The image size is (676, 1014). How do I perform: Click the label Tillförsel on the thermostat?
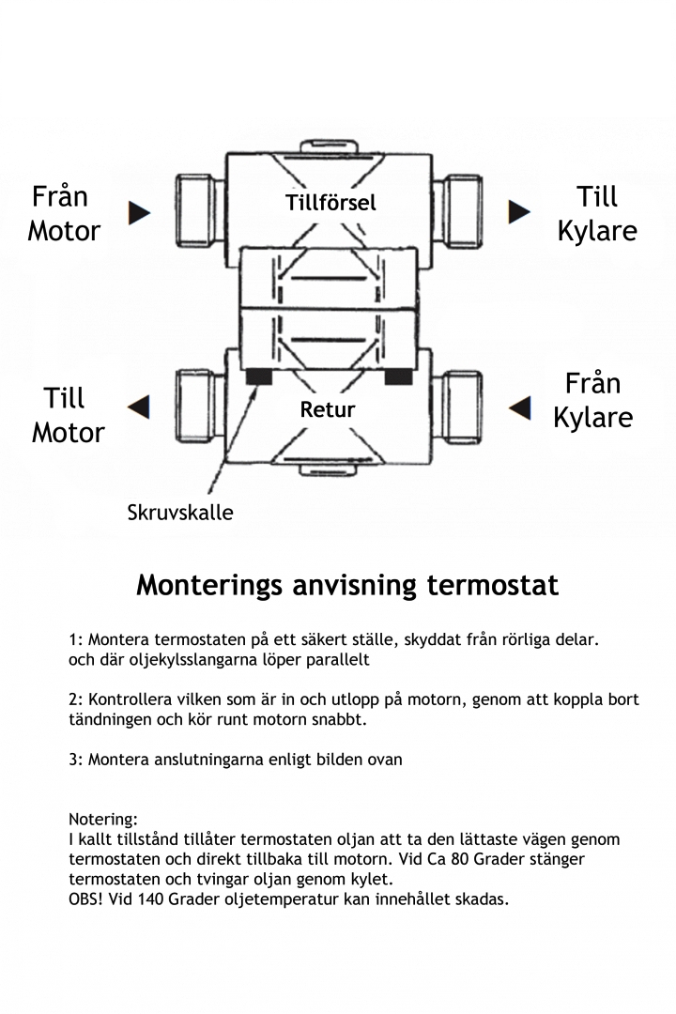point(330,202)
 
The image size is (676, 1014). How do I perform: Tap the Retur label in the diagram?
point(328,409)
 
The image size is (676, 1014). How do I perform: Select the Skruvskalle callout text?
point(180,513)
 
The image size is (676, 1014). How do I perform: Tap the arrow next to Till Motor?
point(139,407)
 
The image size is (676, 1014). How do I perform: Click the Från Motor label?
point(63,213)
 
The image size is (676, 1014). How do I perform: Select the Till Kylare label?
point(597,213)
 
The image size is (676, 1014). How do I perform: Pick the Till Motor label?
point(67,415)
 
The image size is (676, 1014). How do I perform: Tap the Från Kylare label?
point(592,400)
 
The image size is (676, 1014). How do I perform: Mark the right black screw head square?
point(398,376)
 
